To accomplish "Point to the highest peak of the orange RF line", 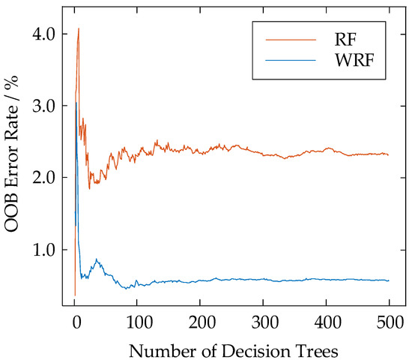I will pyautogui.click(x=79, y=28).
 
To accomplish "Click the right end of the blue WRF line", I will pyautogui.click(x=389, y=280).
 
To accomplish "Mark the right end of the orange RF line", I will pyautogui.click(x=389, y=155).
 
